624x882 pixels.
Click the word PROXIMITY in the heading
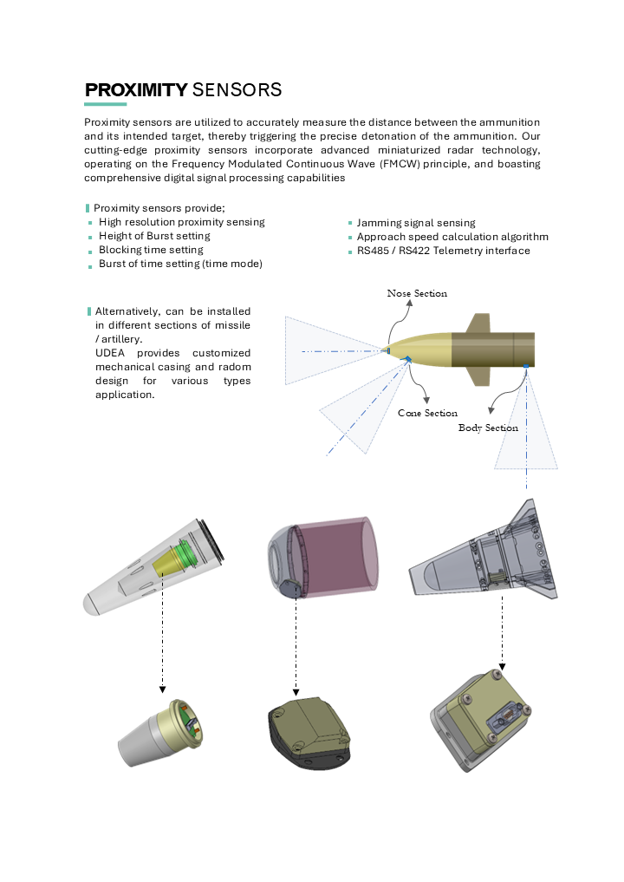tap(135, 90)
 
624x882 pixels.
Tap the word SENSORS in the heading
tap(236, 90)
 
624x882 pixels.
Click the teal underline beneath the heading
tap(105, 104)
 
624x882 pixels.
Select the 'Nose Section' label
tap(417, 293)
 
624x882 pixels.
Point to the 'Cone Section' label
tap(427, 413)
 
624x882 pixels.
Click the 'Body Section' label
tap(488, 428)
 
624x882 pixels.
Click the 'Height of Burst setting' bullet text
tap(154, 236)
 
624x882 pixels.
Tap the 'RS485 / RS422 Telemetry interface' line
tap(443, 251)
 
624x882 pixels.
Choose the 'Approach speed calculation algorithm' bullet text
tap(452, 237)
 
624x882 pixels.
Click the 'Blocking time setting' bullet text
tap(151, 250)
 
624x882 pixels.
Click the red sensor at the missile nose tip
tap(387, 350)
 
